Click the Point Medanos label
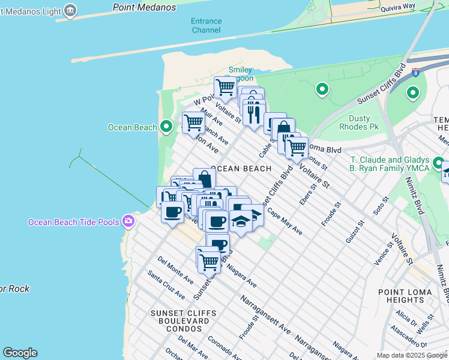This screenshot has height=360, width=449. (145, 7)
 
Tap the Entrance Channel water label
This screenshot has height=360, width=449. (206, 25)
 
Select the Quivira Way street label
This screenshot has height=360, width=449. (398, 7)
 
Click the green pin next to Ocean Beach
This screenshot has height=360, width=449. (167, 126)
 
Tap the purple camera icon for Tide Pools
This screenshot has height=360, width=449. (128, 222)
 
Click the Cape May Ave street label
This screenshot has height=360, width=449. (285, 221)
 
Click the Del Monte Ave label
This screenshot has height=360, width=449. (175, 270)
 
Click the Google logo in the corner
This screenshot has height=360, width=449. (20, 353)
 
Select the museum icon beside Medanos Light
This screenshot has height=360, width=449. (70, 10)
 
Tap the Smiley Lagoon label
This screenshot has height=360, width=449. (240, 74)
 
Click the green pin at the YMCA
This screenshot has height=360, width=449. (438, 164)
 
